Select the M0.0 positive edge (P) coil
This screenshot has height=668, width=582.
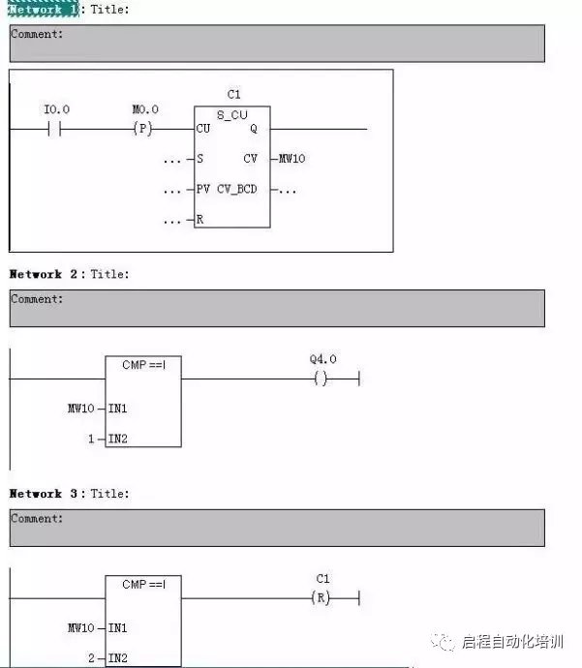pyautogui.click(x=142, y=129)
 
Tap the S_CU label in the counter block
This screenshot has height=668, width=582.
pyautogui.click(x=232, y=114)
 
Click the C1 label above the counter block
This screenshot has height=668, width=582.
pyautogui.click(x=233, y=94)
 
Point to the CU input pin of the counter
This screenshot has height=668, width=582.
pyautogui.click(x=203, y=129)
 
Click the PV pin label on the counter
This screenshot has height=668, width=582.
pyautogui.click(x=203, y=189)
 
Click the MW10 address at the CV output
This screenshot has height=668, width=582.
pyautogui.click(x=291, y=159)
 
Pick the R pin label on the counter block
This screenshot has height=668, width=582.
pyautogui.click(x=200, y=220)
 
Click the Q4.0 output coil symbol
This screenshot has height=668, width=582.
pyautogui.click(x=321, y=379)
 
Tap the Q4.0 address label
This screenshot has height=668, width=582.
pyautogui.click(x=323, y=359)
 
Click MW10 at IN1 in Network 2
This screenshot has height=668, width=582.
pyautogui.click(x=80, y=409)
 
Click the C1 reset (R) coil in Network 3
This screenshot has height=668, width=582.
pyautogui.click(x=321, y=598)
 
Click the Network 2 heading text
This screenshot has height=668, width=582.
pyautogui.click(x=36, y=274)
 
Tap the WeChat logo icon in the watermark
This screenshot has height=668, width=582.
pyautogui.click(x=444, y=642)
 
